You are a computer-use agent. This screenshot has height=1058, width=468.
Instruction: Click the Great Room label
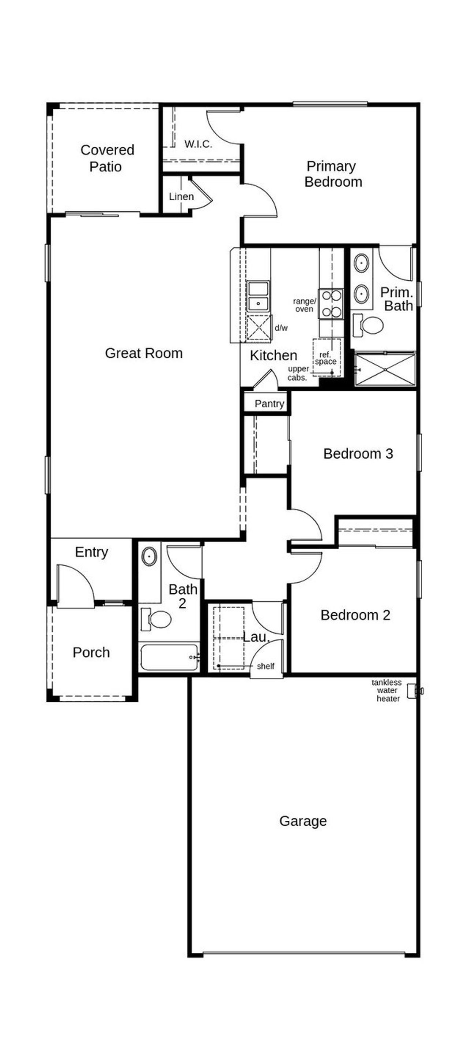144,353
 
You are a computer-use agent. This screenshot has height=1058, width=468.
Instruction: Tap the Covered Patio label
107,158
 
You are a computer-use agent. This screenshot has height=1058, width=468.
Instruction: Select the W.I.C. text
198,144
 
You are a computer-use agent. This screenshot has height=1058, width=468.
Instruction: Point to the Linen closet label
181,197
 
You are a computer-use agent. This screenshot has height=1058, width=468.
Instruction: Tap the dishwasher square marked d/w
258,328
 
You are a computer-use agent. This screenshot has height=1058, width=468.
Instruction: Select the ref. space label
326,358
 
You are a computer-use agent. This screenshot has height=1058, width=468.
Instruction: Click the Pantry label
269,404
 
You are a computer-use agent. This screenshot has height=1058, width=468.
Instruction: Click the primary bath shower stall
385,369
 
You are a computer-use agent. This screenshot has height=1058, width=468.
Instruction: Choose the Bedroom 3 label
358,454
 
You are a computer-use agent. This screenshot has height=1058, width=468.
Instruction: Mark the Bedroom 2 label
355,615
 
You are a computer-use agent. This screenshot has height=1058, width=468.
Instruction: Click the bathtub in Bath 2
169,657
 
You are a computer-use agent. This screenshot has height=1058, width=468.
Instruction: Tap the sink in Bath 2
149,556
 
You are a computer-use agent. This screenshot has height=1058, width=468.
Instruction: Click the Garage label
303,821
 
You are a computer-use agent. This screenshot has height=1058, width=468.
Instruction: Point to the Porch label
91,652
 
